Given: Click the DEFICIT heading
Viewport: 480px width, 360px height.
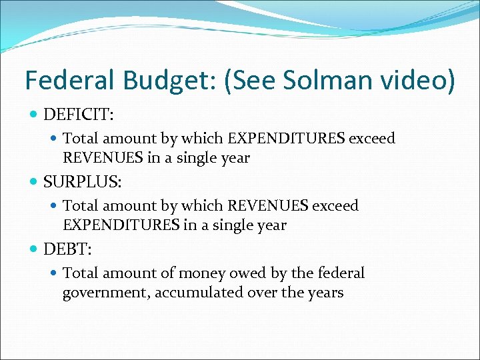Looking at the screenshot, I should coord(79,115).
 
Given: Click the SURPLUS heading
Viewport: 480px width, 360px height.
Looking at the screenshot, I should coord(80,183).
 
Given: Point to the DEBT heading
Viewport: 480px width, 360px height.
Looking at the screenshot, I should coord(67,250).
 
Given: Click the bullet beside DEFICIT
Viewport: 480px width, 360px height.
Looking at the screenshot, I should coord(34,115).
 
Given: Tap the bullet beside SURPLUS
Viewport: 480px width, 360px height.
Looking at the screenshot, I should coord(34,183).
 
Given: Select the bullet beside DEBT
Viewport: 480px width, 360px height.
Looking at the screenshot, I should coord(34,250).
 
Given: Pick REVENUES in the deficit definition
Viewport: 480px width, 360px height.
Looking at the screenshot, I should coord(99,158).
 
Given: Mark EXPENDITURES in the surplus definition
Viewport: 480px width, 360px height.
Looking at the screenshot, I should coord(121,225).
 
